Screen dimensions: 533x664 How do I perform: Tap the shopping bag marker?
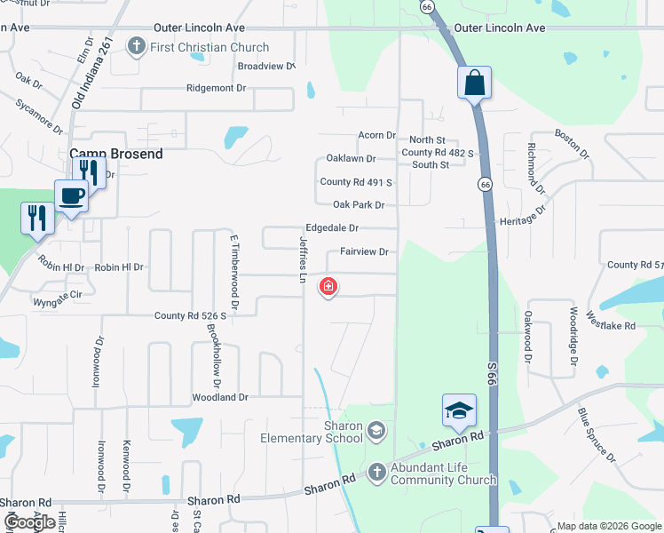point(475,83)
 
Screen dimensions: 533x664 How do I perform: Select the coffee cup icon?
point(71,196)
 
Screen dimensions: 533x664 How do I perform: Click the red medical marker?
point(328,286)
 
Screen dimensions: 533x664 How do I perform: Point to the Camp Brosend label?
point(116,154)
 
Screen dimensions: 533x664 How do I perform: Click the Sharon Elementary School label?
point(311,432)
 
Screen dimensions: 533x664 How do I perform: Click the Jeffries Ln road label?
point(303,253)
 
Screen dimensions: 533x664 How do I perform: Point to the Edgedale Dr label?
point(332,228)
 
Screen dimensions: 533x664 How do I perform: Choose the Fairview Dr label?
point(364,252)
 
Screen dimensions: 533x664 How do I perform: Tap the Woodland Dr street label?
point(220,397)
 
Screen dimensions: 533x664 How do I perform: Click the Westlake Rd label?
point(617,326)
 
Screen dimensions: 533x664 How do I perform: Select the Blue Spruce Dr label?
point(596,434)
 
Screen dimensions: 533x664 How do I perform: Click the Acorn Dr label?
point(376,135)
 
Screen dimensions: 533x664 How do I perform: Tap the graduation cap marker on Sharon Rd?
point(459,411)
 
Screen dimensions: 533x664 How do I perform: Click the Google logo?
point(29,522)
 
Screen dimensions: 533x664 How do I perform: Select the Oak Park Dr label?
point(358,205)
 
